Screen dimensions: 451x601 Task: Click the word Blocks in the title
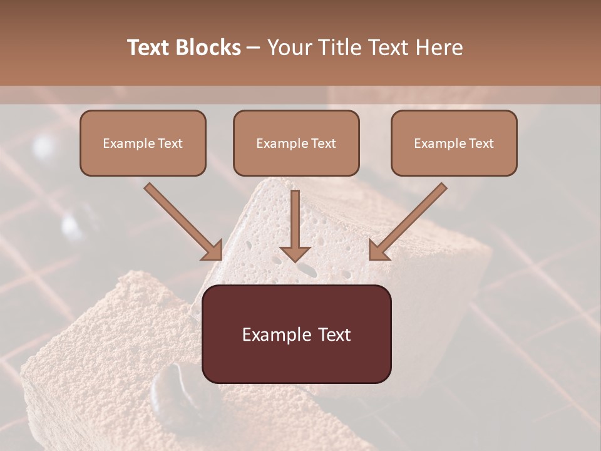coord(209,48)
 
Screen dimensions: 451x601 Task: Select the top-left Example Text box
coord(143,143)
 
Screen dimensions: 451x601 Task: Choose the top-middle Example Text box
coord(296,143)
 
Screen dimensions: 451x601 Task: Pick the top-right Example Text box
coord(454,143)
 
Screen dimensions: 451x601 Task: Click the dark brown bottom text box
coord(296,334)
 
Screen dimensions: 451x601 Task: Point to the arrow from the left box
coord(182,220)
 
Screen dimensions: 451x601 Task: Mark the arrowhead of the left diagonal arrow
coord(213,250)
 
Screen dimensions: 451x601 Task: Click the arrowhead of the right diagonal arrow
coord(378,250)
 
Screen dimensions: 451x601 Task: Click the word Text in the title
coord(149,48)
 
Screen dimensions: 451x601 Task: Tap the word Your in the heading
coord(289,48)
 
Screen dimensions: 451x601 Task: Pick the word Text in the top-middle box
coord(324,143)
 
